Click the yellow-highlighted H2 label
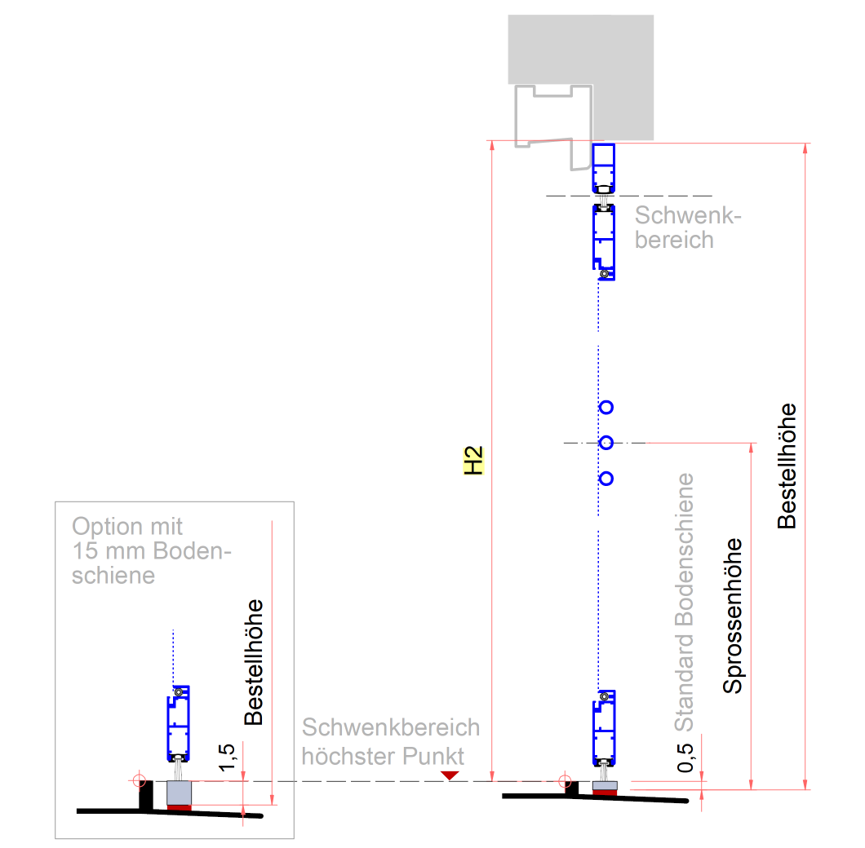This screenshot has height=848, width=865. [473, 461]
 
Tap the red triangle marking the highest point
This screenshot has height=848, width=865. [450, 775]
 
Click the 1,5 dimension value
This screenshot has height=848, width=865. [227, 757]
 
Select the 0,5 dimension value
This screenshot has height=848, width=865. [685, 757]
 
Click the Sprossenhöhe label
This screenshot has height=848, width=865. [733, 616]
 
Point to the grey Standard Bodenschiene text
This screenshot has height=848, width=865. [684, 602]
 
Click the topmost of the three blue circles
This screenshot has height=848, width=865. [606, 408]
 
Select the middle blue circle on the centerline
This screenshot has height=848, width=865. [606, 443]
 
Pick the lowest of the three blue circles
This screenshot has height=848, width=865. [606, 479]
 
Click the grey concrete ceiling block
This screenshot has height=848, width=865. [581, 77]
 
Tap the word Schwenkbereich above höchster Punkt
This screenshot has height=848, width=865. [391, 728]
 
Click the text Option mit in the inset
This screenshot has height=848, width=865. [126, 527]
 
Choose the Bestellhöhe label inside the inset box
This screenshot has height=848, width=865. [254, 662]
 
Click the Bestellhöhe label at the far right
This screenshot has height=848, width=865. [787, 466]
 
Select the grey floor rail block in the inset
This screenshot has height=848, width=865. [179, 793]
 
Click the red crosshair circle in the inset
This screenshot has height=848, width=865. [139, 781]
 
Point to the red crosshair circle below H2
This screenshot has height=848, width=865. [565, 781]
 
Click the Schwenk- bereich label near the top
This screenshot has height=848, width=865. [688, 227]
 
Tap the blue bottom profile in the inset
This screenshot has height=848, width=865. [178, 724]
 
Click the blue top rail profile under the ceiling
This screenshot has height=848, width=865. [604, 169]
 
